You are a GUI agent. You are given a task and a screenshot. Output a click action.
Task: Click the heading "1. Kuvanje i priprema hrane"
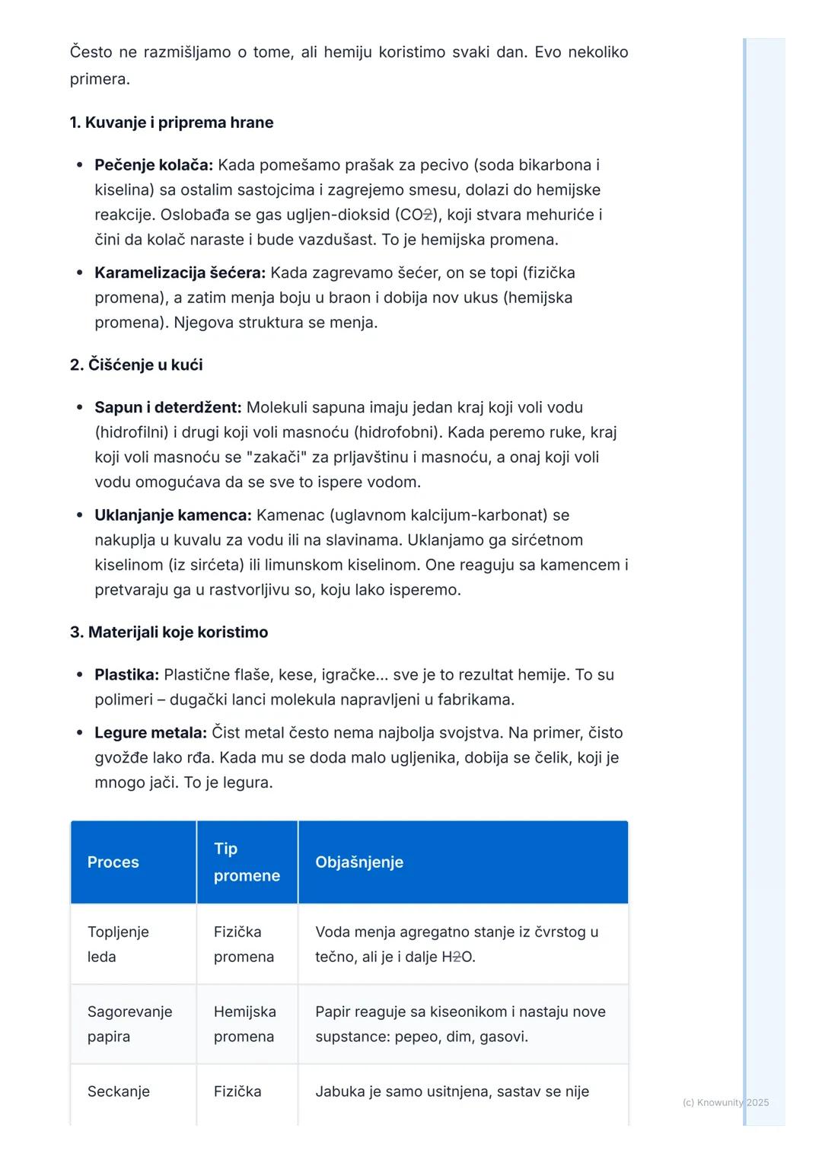[x=171, y=123]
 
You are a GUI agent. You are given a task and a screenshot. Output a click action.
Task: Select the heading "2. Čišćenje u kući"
[x=136, y=365]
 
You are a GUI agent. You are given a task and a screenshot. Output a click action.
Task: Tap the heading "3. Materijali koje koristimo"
[x=169, y=632]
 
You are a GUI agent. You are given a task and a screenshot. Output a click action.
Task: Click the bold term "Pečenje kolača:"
[x=154, y=165]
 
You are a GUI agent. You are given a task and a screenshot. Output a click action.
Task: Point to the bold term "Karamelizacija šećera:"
[x=180, y=272]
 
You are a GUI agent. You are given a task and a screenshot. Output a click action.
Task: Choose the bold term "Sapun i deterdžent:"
[x=167, y=407]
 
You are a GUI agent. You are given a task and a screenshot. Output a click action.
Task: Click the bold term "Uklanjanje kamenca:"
[x=173, y=515]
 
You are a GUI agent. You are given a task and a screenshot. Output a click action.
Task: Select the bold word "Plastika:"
[x=126, y=674]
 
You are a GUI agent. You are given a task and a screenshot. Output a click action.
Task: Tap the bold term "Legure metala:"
[x=151, y=733]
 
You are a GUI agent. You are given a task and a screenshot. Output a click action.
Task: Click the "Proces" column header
[x=113, y=862]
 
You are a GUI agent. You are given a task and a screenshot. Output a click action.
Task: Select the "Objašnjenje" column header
[x=359, y=862]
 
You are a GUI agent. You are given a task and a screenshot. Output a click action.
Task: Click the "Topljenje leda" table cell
[x=118, y=944]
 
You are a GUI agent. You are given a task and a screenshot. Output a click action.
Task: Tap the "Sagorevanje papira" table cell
[x=129, y=1024]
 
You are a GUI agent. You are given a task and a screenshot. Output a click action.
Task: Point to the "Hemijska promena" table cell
[x=244, y=1024]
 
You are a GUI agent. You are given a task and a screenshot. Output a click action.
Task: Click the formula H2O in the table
[x=457, y=957]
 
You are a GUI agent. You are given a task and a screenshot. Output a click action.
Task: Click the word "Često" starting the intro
[x=91, y=53]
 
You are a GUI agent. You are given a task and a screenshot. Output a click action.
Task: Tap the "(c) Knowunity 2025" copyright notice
[x=725, y=1102]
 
